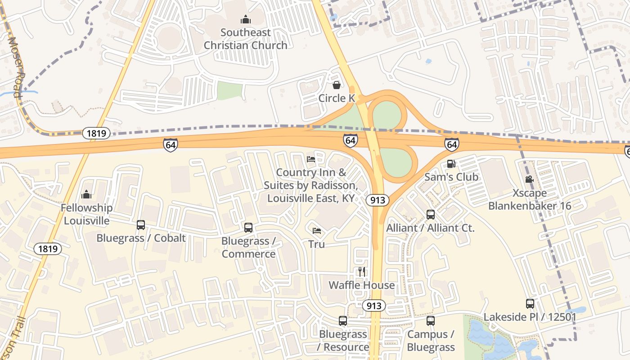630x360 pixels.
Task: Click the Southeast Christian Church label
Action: click(245, 39)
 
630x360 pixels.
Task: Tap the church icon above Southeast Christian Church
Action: click(245, 19)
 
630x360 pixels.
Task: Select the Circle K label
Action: click(337, 98)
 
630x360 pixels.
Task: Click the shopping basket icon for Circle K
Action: click(337, 85)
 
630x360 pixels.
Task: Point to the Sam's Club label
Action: click(451, 177)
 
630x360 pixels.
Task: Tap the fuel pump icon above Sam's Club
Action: click(451, 164)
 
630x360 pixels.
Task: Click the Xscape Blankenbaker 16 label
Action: click(530, 199)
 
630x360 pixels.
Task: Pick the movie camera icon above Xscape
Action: click(530, 179)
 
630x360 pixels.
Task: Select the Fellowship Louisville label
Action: click(86, 214)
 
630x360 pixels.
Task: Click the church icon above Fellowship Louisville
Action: click(86, 194)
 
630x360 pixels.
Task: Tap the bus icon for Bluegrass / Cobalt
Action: click(141, 225)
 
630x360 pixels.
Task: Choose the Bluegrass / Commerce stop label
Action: click(248, 247)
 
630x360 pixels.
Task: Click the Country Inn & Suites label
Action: click(311, 185)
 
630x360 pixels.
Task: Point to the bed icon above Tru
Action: click(317, 231)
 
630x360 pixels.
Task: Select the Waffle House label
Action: click(361, 285)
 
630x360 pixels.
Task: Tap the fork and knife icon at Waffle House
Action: click(361, 271)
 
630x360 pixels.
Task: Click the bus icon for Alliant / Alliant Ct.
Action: click(431, 214)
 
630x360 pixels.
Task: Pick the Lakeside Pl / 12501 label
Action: click(530, 317)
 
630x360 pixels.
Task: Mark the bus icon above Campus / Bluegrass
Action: click(431, 321)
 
